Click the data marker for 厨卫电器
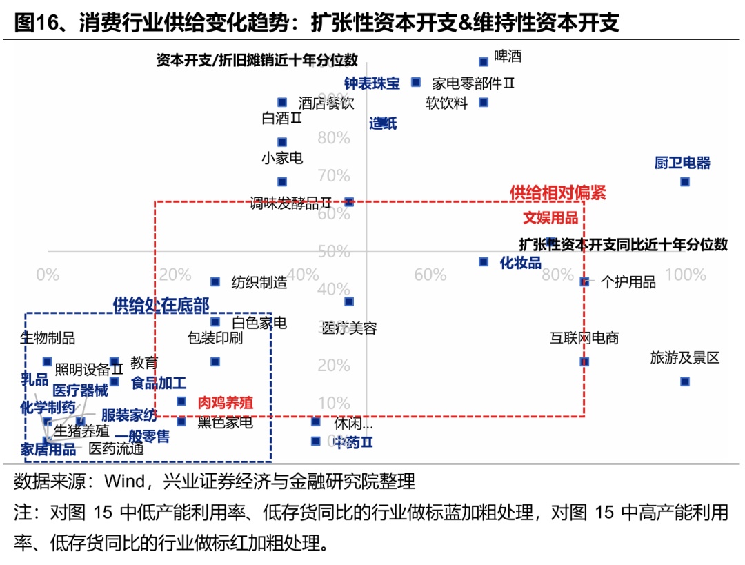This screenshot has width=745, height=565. click(684, 181)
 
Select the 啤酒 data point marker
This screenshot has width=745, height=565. click(484, 61)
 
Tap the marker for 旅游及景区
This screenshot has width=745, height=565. click(684, 381)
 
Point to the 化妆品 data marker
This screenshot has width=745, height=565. click(484, 262)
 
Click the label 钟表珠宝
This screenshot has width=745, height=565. click(372, 83)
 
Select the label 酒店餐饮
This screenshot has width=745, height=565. click(326, 103)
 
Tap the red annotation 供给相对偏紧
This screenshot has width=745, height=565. click(557, 192)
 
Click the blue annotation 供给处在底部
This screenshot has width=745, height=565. click(161, 305)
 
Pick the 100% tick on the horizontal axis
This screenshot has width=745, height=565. click(686, 275)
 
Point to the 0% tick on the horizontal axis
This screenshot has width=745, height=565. click(48, 275)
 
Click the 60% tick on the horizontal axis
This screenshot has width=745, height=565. click(430, 275)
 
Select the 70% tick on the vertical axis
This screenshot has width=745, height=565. click(334, 175)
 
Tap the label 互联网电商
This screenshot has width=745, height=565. click(584, 338)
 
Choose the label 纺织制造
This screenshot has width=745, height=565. click(259, 282)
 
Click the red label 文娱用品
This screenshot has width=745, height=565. click(550, 218)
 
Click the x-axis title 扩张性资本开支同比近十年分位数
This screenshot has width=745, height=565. click(623, 244)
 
